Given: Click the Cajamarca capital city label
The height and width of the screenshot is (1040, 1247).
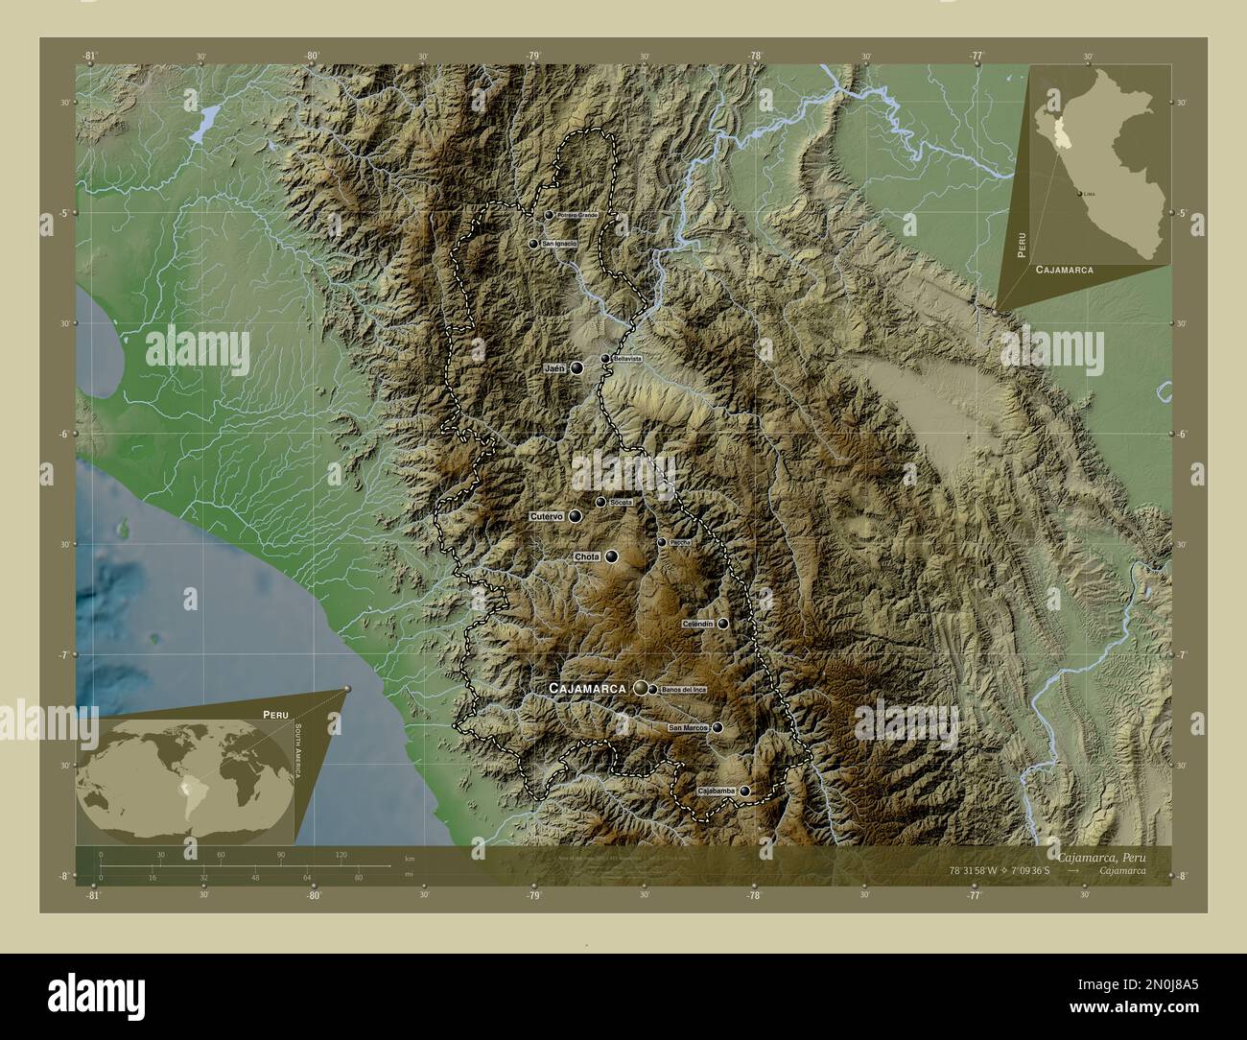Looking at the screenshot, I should click(586, 689).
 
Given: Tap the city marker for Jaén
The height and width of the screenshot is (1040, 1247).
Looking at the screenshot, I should click(577, 367).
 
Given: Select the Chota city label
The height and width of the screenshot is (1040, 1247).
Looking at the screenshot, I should click(586, 556).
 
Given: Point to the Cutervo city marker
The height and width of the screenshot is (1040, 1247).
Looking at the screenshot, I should click(575, 516).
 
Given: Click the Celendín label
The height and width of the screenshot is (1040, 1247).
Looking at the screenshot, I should click(697, 624).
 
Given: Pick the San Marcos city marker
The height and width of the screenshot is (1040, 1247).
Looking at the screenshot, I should click(718, 728).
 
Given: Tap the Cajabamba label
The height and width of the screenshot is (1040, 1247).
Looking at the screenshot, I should click(718, 791).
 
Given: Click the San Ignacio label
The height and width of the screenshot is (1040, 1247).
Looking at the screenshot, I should click(559, 245).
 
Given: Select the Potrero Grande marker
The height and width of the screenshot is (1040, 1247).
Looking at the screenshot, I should click(549, 216).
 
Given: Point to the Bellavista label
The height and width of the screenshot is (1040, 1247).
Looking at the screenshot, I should click(626, 359).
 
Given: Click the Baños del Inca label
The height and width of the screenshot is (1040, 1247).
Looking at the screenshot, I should click(683, 690).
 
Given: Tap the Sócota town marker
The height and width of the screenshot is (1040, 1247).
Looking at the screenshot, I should click(600, 502).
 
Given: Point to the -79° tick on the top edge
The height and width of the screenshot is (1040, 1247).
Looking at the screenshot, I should click(533, 56).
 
